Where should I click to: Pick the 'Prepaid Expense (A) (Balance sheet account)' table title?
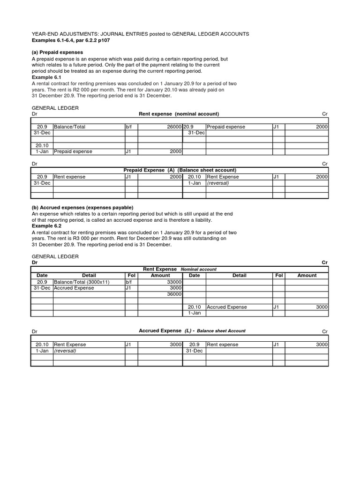pos(180,170)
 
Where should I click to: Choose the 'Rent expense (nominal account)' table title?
pos(179,114)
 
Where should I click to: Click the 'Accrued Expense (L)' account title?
pos(166,331)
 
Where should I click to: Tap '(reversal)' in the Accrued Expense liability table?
pos(65,351)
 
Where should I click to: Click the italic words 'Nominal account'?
pos(198,270)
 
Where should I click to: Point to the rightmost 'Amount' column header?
pos(307,276)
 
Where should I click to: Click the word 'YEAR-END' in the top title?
pos(45,34)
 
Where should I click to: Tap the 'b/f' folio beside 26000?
pos(128,127)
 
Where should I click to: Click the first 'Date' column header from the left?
pos(42,276)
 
